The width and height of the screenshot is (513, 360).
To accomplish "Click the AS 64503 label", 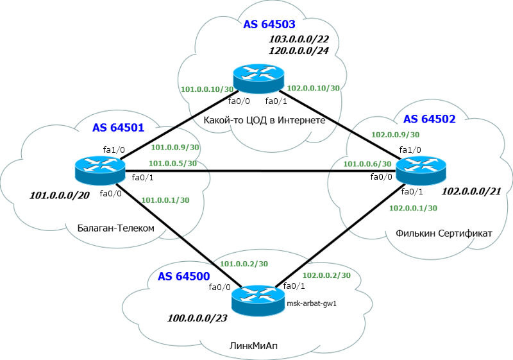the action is tap(269, 24).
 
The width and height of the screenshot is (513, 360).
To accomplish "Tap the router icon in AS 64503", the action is tap(258, 78).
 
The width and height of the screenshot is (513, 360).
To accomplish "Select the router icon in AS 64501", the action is tap(100, 171).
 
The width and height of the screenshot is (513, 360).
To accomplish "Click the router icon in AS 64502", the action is tap(421, 171).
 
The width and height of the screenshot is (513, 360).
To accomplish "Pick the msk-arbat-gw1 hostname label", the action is tap(312, 304).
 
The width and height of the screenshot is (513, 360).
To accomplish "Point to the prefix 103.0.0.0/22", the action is tap(299, 39).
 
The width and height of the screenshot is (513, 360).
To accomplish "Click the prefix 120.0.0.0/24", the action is tap(299, 51).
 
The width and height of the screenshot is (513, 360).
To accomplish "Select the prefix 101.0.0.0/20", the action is tap(60, 196).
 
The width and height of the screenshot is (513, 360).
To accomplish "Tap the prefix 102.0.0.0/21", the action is tap(471, 191).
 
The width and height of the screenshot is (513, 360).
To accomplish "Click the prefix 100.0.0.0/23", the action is tap(198, 318).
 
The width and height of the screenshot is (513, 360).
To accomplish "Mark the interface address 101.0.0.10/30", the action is tap(207, 89).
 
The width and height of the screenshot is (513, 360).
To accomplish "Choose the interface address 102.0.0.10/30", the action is tap(313, 88).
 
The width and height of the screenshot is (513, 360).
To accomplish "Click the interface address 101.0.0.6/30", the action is tap(367, 164).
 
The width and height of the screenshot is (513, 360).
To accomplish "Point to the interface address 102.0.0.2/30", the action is tap(326, 275).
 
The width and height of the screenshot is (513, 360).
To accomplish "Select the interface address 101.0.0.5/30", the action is tap(172, 163).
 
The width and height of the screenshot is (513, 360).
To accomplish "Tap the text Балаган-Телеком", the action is tap(116, 228).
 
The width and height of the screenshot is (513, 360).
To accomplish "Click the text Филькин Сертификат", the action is tap(444, 234).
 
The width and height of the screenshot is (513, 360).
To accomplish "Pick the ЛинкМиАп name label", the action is tap(254, 346).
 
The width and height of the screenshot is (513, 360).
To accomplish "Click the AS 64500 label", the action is tap(184, 277).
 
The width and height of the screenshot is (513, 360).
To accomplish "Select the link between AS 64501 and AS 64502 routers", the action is tap(260, 171).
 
